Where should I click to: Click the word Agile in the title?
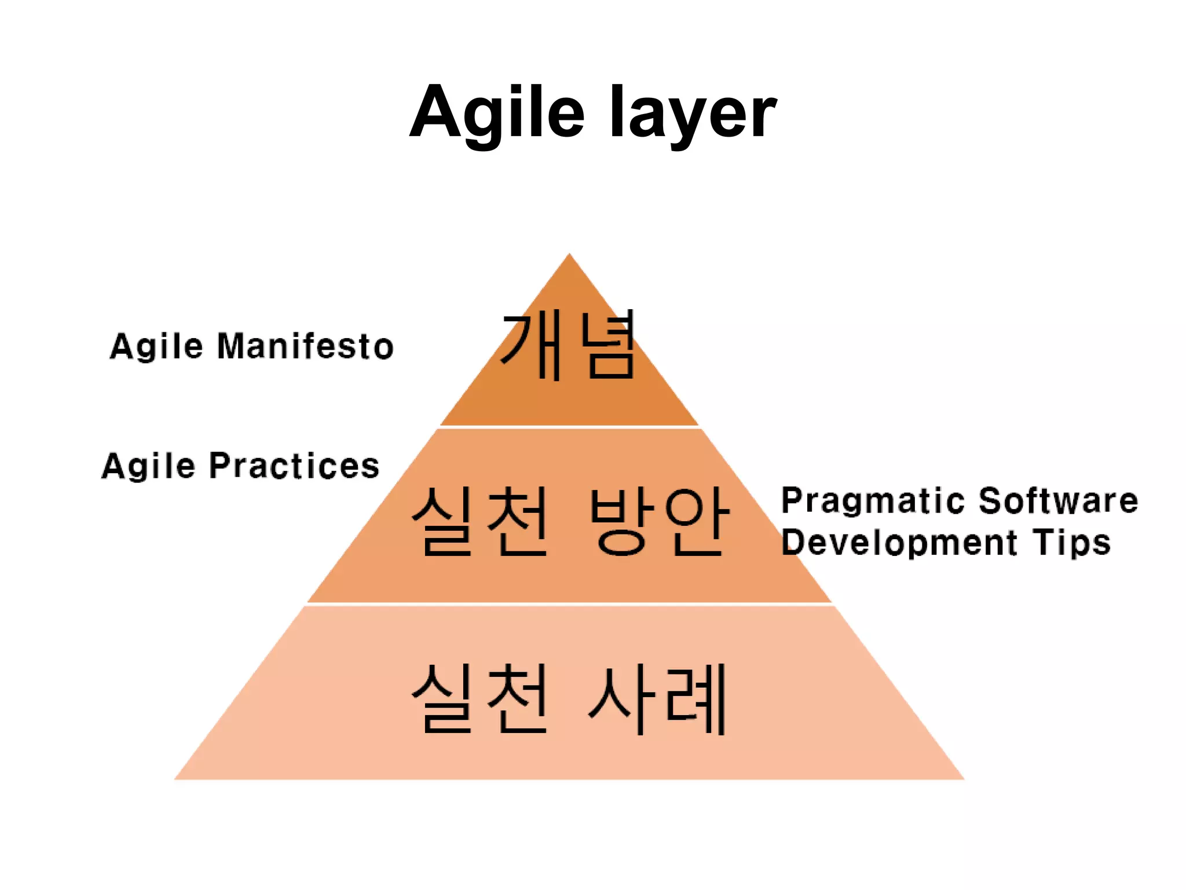[497, 112]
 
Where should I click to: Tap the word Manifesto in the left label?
[305, 346]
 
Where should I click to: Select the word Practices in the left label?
[294, 466]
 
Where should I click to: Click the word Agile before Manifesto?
[156, 346]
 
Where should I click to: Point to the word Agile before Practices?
[148, 466]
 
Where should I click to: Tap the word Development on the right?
[899, 543]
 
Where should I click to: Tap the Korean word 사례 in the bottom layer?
[657, 698]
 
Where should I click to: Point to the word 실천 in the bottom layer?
[480, 698]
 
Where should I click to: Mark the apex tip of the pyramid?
[569, 255]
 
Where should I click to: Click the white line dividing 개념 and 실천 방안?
[569, 427]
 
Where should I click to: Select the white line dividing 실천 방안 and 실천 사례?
[569, 604]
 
